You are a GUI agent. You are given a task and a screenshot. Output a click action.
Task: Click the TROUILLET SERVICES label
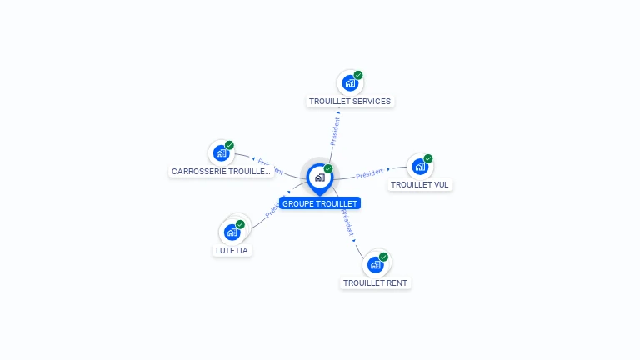coord(350,102)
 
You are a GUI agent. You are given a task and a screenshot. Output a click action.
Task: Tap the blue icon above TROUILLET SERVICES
coord(350,83)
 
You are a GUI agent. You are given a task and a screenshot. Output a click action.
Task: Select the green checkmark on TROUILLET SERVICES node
coord(358,75)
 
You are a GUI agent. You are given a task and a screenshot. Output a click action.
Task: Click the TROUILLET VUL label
coord(420,184)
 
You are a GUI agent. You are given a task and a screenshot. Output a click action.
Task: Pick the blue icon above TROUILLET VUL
coord(420,166)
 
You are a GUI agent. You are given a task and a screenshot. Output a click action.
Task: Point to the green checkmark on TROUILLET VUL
coord(428,158)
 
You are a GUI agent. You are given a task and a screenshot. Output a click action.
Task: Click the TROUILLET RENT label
coord(376,282)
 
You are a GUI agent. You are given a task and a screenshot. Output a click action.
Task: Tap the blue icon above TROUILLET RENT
coord(375,264)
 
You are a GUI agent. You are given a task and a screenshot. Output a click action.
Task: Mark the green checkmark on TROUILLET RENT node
coord(383,257)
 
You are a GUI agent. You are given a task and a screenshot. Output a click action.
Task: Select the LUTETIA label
coord(232,250)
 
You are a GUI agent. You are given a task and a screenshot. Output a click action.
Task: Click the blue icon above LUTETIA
coord(232,232)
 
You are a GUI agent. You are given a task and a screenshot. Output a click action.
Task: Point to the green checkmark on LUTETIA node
coord(240,224)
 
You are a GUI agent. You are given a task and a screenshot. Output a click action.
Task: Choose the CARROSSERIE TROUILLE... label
coord(222,171)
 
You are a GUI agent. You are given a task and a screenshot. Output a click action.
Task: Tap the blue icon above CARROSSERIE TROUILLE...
coord(221,152)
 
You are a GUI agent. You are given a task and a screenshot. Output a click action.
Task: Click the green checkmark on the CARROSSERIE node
coord(229,145)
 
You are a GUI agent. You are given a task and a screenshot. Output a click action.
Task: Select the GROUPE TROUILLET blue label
coord(320,203)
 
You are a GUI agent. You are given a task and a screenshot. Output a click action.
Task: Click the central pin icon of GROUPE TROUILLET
coord(319,177)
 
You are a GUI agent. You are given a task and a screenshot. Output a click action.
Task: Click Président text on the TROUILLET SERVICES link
coord(335,131)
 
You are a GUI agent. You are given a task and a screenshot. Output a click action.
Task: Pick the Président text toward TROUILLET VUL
coord(369,173)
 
